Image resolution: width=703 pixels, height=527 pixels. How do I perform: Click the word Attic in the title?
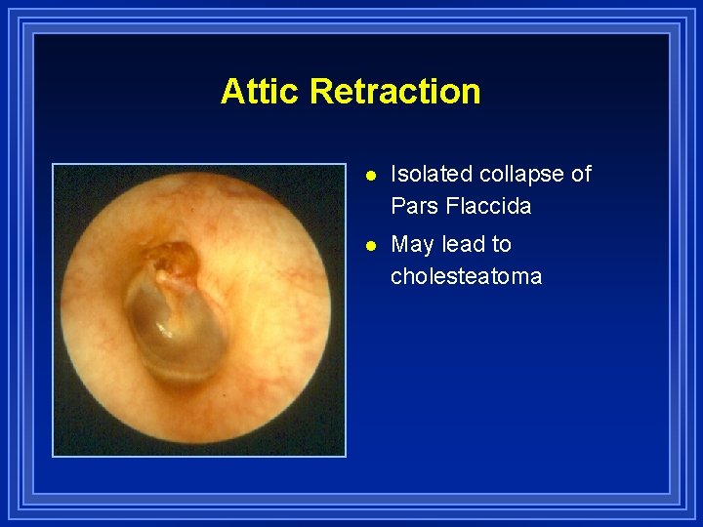(x=261, y=92)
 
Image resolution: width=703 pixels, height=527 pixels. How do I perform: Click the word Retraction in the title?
(x=394, y=92)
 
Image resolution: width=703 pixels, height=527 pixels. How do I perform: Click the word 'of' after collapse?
(x=581, y=174)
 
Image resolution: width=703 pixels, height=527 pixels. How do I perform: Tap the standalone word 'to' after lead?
(x=501, y=244)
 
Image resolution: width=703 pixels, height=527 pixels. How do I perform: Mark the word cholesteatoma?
(x=466, y=276)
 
